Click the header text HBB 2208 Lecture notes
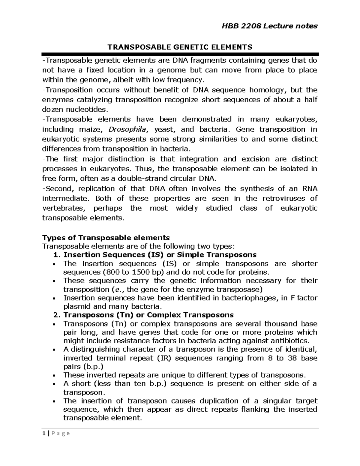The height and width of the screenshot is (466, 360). pyautogui.click(x=269, y=26)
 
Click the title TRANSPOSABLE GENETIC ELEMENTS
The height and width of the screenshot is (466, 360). pyautogui.click(x=180, y=47)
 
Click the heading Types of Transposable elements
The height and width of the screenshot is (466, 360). pyautogui.click(x=106, y=238)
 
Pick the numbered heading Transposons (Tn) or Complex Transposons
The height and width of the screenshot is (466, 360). pyautogui.click(x=148, y=315)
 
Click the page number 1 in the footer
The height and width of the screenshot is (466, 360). pyautogui.click(x=44, y=433)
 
